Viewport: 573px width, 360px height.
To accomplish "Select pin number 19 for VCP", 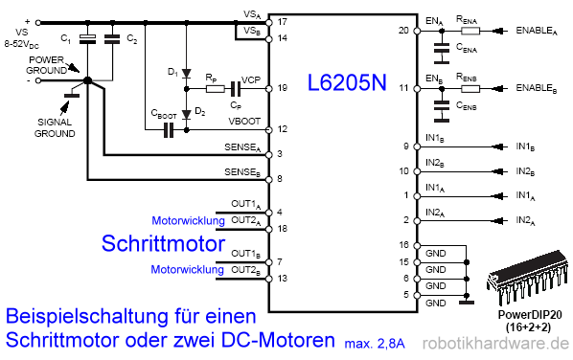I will pos(281,88).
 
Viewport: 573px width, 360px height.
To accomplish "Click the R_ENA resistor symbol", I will pos(470,30).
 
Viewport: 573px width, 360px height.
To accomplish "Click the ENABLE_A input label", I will pos(536,31).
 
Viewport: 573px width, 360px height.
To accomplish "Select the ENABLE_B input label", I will pos(536,88).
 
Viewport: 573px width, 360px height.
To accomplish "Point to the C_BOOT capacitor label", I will pos(164,113).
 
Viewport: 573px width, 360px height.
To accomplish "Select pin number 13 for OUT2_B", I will pos(281,278).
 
